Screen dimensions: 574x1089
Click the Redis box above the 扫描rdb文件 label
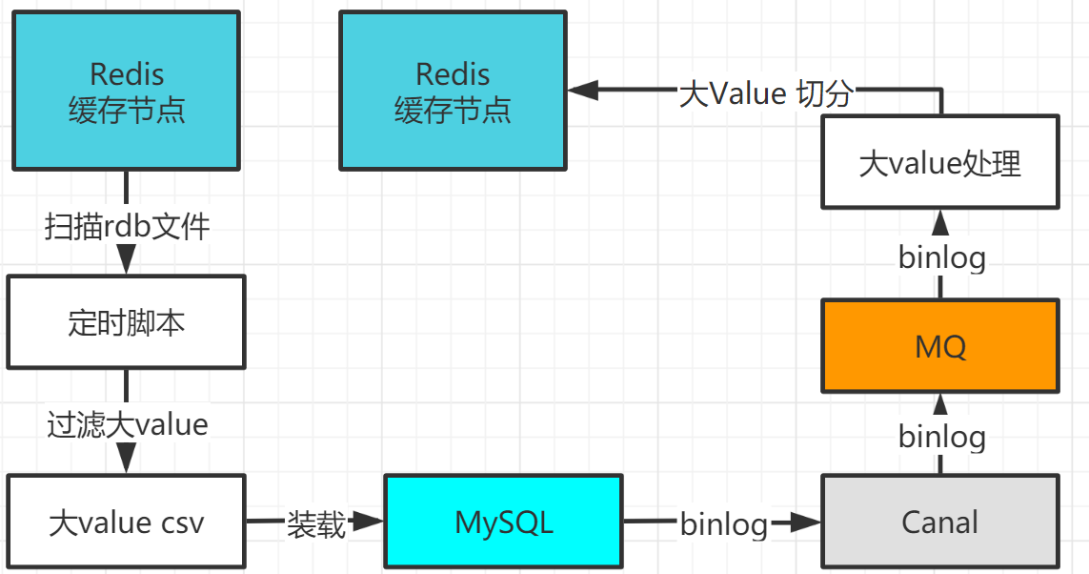pyautogui.click(x=127, y=92)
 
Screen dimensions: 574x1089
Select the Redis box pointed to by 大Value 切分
pyautogui.click(x=453, y=92)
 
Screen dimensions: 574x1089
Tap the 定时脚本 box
pyautogui.click(x=127, y=322)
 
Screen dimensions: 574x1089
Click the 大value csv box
pyautogui.click(x=127, y=522)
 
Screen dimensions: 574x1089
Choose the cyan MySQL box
pyautogui.click(x=503, y=522)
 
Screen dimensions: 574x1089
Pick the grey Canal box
pyautogui.click(x=939, y=522)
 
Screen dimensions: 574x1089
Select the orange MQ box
pyautogui.click(x=939, y=345)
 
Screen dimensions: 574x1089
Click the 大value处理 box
pyautogui.click(x=939, y=162)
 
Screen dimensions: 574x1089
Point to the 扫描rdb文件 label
pyautogui.click(x=127, y=227)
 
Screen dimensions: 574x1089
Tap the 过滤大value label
pyautogui.click(x=127, y=423)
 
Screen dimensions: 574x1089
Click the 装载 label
pyautogui.click(x=315, y=523)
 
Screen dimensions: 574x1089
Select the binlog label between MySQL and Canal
pyautogui.click(x=723, y=523)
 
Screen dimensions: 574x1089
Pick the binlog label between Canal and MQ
pyautogui.click(x=941, y=436)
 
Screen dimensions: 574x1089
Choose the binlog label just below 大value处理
pyautogui.click(x=941, y=257)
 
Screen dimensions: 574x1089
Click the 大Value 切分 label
pyautogui.click(x=765, y=92)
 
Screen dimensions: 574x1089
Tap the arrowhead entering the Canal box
pyautogui.click(x=808, y=522)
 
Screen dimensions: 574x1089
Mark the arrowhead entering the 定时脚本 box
pyautogui.click(x=127, y=262)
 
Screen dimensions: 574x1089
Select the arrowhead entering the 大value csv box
pyautogui.click(x=127, y=461)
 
